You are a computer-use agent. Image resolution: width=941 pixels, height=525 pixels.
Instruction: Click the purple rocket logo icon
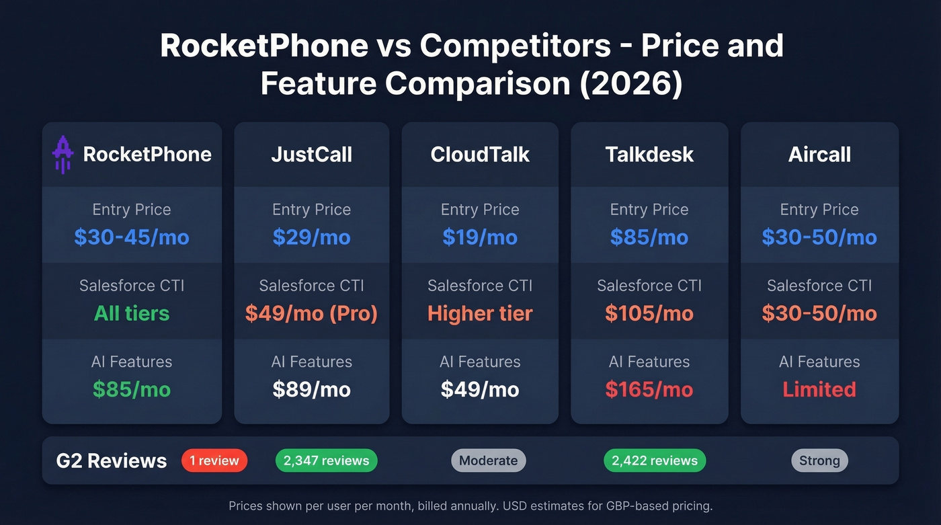click(x=63, y=155)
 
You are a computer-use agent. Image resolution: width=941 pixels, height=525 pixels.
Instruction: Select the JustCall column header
click(x=311, y=155)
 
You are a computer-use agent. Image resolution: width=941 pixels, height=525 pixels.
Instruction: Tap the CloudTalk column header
click(x=480, y=155)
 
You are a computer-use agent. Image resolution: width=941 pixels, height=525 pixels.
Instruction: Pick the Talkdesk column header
click(x=649, y=155)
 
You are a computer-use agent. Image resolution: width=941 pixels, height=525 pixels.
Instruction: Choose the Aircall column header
click(x=819, y=155)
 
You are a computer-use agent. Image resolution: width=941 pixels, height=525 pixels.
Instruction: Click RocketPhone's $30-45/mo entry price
click(x=132, y=237)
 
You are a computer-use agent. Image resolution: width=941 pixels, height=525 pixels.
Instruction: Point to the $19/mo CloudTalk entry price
click(x=480, y=237)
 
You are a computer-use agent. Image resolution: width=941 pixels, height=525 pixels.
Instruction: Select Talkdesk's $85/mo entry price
click(x=649, y=237)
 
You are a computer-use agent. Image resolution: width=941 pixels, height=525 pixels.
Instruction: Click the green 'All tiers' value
click(x=132, y=313)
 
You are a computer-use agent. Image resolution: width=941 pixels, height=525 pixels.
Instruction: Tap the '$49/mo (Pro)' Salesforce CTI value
click(x=311, y=313)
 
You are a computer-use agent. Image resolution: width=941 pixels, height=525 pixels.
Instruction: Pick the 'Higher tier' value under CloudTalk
click(x=480, y=313)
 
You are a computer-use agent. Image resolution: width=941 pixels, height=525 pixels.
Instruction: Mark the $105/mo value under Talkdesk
click(x=649, y=313)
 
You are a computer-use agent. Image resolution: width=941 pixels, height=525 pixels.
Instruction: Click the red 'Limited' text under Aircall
click(x=819, y=389)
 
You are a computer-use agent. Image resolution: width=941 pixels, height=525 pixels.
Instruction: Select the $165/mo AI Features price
click(x=649, y=389)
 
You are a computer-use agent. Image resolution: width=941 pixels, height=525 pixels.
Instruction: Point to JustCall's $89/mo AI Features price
click(x=311, y=389)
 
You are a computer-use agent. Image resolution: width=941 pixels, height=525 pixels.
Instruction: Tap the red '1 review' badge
click(x=214, y=460)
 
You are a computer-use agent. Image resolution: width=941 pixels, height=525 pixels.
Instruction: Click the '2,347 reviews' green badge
click(x=326, y=460)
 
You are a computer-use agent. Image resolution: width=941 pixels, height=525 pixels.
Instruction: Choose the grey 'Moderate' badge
click(x=488, y=460)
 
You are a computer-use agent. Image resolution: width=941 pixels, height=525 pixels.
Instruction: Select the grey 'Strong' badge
click(x=819, y=460)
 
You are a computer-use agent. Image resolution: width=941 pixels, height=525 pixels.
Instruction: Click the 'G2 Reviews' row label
click(x=112, y=460)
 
